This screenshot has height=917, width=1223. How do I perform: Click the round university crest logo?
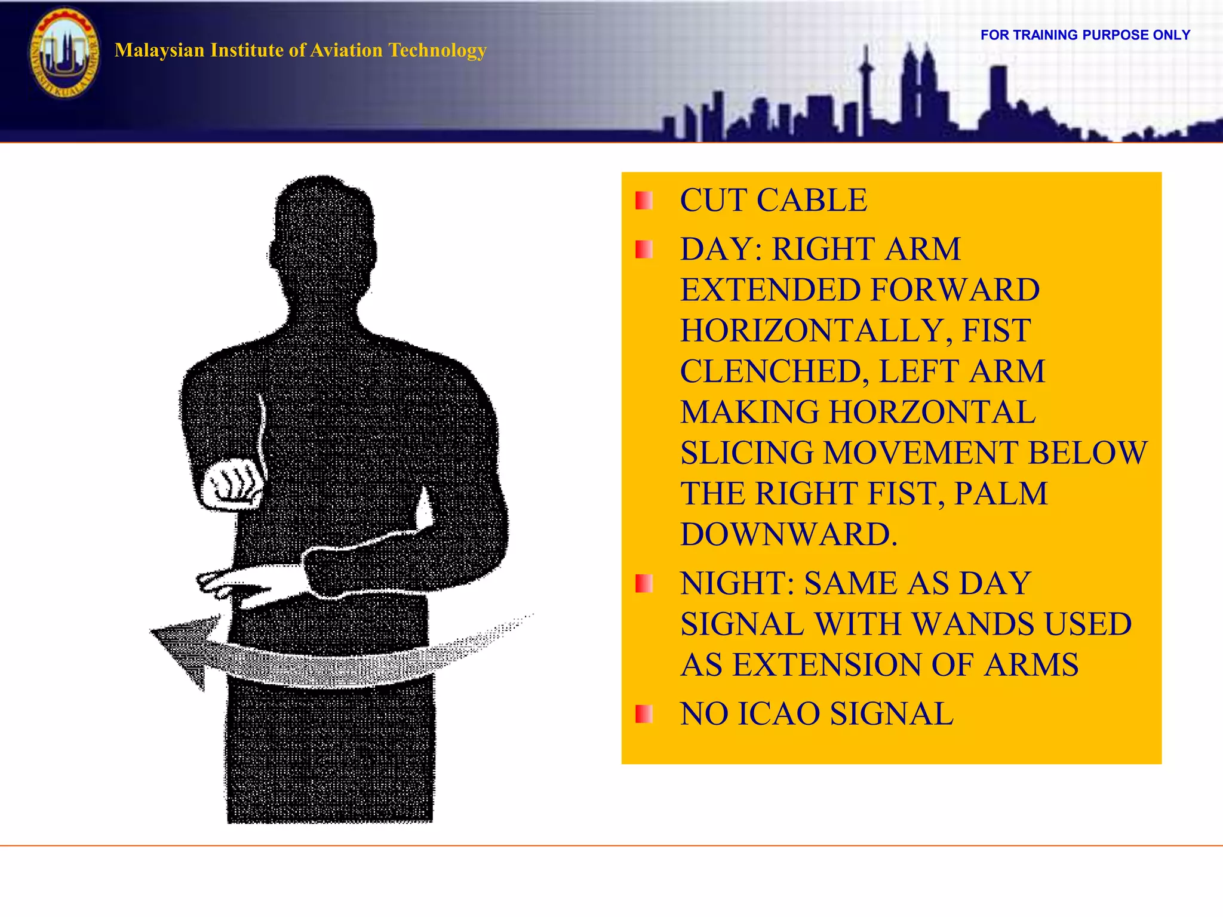click(64, 53)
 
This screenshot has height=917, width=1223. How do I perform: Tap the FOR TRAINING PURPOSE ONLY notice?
click(1085, 35)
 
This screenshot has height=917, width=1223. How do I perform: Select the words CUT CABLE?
click(773, 200)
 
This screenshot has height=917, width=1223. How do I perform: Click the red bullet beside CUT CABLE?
click(644, 201)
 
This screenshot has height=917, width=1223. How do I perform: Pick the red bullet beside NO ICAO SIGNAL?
click(644, 713)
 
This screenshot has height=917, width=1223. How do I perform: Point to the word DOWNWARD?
click(788, 534)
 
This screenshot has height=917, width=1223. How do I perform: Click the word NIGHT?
click(737, 583)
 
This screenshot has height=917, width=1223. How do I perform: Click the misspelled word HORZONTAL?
click(932, 412)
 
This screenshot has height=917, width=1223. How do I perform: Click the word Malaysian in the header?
click(159, 50)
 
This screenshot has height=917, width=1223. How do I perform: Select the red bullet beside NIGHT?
click(644, 583)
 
